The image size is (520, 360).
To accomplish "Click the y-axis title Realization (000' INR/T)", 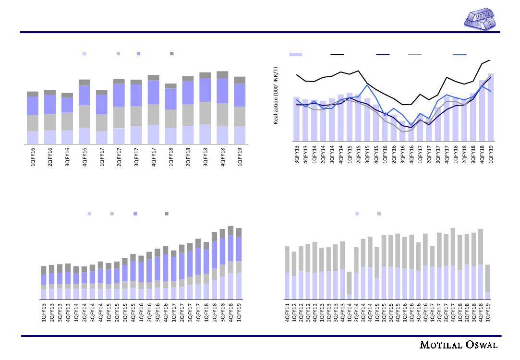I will pos(276,96).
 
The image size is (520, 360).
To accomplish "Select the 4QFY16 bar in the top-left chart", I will pos(85,112).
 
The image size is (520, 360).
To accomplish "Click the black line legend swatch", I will pos(337,55).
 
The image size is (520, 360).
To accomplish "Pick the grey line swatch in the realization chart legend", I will pos(414,55).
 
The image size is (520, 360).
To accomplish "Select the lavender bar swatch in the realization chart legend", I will pos(296,55).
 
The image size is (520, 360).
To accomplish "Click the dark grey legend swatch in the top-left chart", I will pos(171,53).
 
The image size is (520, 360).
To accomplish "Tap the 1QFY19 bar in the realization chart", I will pos(491,107).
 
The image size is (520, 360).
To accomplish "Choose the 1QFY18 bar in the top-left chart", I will pos(171,114).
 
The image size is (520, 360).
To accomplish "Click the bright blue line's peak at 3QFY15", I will pos(367,85).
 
